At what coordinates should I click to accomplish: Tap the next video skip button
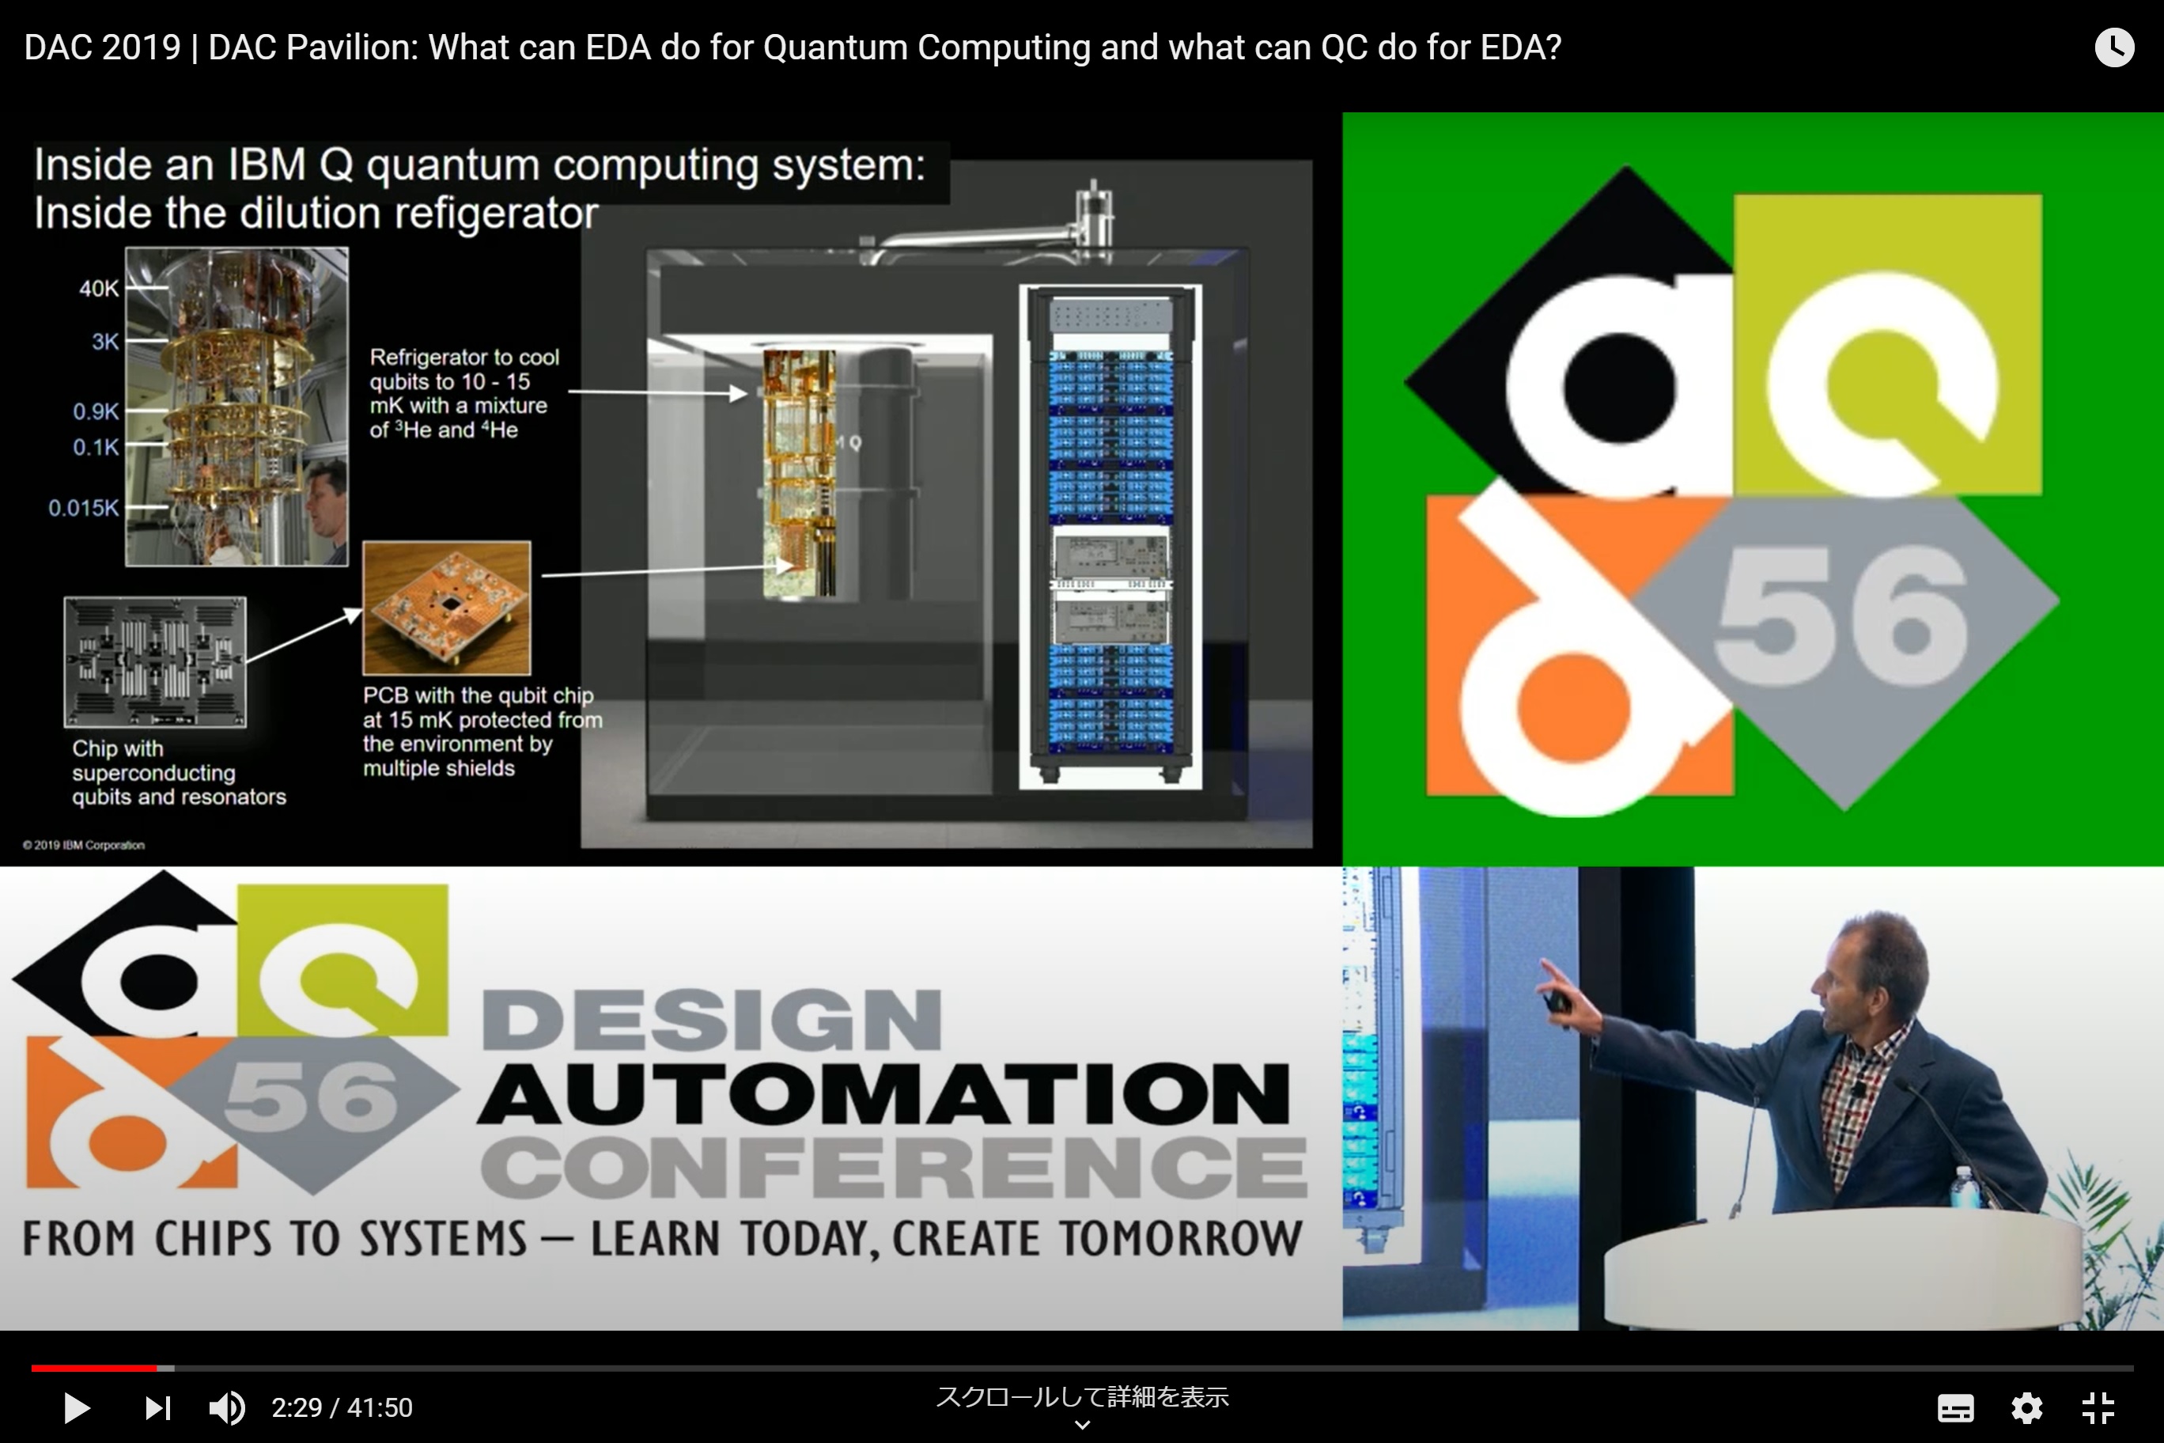(157, 1408)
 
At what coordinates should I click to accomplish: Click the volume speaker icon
(226, 1408)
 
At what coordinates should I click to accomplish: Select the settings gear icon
(2027, 1408)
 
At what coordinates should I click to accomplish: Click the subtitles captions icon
(1955, 1408)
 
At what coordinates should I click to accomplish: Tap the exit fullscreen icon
(2098, 1408)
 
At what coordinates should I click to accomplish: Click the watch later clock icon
(2114, 47)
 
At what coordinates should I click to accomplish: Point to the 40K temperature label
(98, 288)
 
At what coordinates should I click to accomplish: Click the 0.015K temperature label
(84, 508)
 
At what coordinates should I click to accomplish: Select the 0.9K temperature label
(96, 411)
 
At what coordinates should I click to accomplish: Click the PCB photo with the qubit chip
(447, 608)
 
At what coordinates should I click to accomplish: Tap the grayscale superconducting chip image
(154, 661)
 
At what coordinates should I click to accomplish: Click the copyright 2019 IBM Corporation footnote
(84, 845)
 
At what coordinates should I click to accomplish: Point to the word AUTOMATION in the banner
(883, 1094)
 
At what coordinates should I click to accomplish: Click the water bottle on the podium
(1962, 1188)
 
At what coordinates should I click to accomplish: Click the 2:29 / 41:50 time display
(342, 1408)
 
